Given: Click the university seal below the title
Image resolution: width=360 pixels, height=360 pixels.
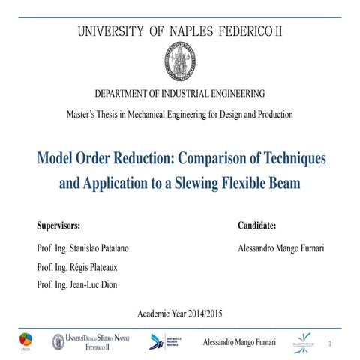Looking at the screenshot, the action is point(180,62).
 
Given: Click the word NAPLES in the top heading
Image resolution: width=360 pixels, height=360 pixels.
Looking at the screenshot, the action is point(186,33).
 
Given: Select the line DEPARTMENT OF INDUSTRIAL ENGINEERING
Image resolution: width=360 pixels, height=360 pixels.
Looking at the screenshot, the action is point(180,94).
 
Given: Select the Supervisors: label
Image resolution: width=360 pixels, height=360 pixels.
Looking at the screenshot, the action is point(58,225).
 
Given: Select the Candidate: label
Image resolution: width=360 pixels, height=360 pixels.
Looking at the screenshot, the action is point(257,225).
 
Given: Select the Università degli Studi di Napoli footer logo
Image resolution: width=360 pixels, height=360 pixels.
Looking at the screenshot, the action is point(90,342).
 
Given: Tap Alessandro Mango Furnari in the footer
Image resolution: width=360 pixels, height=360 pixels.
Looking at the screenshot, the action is point(240,342).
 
